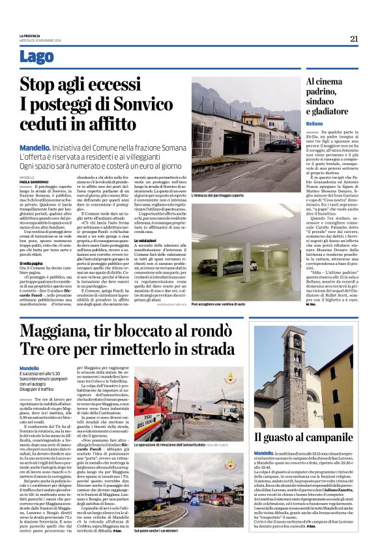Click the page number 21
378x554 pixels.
[354, 38]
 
